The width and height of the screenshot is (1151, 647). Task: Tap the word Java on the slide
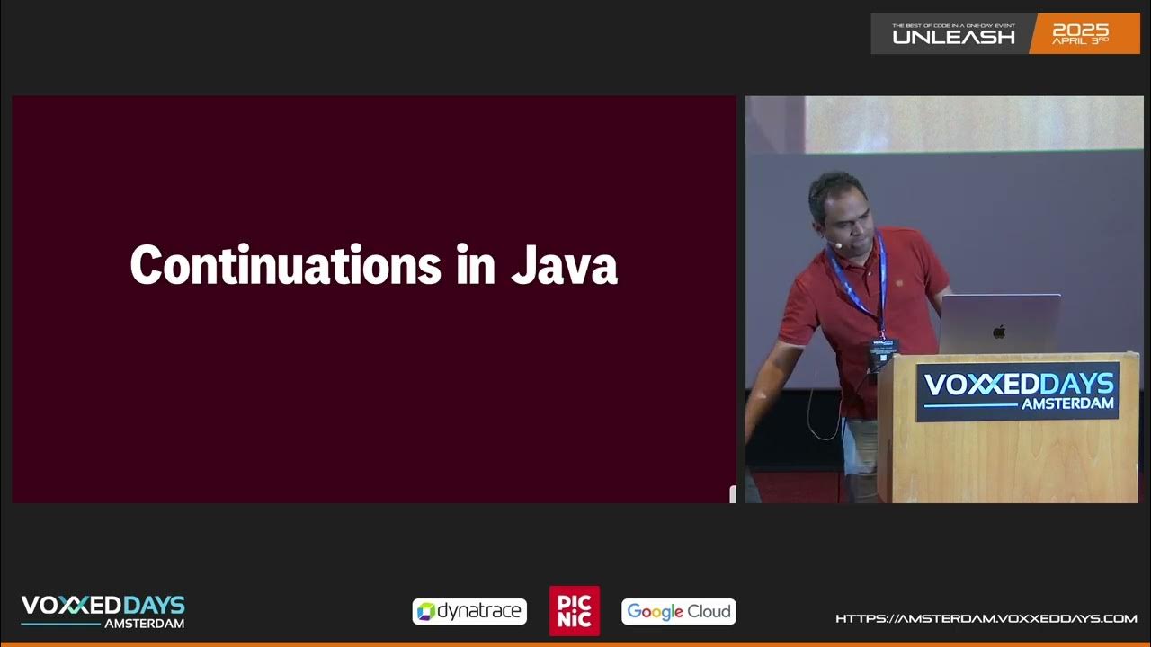[564, 267]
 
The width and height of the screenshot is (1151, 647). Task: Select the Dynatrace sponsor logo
[469, 612]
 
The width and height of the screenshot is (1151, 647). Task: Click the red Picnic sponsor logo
[575, 611]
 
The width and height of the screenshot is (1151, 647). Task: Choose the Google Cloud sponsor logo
[679, 612]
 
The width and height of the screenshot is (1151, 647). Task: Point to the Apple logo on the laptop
[999, 332]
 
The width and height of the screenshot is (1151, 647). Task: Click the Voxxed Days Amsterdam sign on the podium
[1018, 391]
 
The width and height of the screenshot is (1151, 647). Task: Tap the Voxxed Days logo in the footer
[103, 611]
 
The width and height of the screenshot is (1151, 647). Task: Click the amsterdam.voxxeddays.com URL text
[986, 618]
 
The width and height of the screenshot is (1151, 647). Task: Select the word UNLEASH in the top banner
[953, 37]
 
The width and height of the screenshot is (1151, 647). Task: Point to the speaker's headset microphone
[836, 244]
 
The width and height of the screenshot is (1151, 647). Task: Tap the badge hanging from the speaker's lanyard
[882, 352]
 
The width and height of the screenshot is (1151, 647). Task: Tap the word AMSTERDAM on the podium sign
[1067, 404]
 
